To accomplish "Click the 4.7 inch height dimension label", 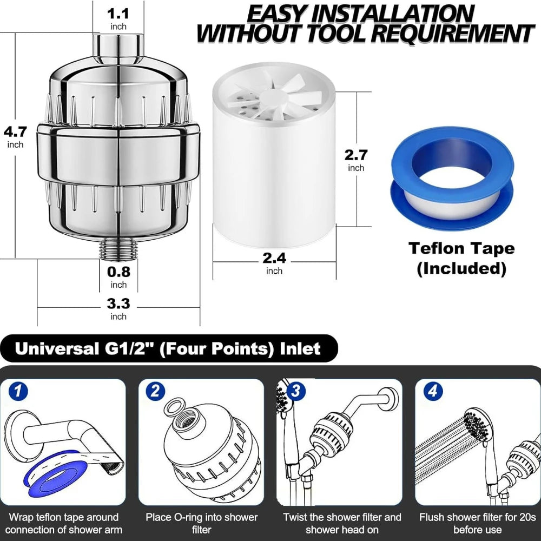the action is [15, 137].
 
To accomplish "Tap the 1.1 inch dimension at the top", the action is [118, 18].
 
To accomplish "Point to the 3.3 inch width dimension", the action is [118, 309].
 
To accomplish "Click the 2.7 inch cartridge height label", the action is [356, 160].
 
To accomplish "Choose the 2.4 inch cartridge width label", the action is [274, 263].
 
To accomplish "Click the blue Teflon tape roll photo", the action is [452, 179].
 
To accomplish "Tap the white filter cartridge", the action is [274, 155].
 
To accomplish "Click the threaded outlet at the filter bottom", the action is [118, 248].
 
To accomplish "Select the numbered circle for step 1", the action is [18, 391].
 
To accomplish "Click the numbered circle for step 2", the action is [155, 391].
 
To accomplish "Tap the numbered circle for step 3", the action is [295, 391].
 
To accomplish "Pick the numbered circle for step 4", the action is [433, 391].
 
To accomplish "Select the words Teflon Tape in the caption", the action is [461, 248].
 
